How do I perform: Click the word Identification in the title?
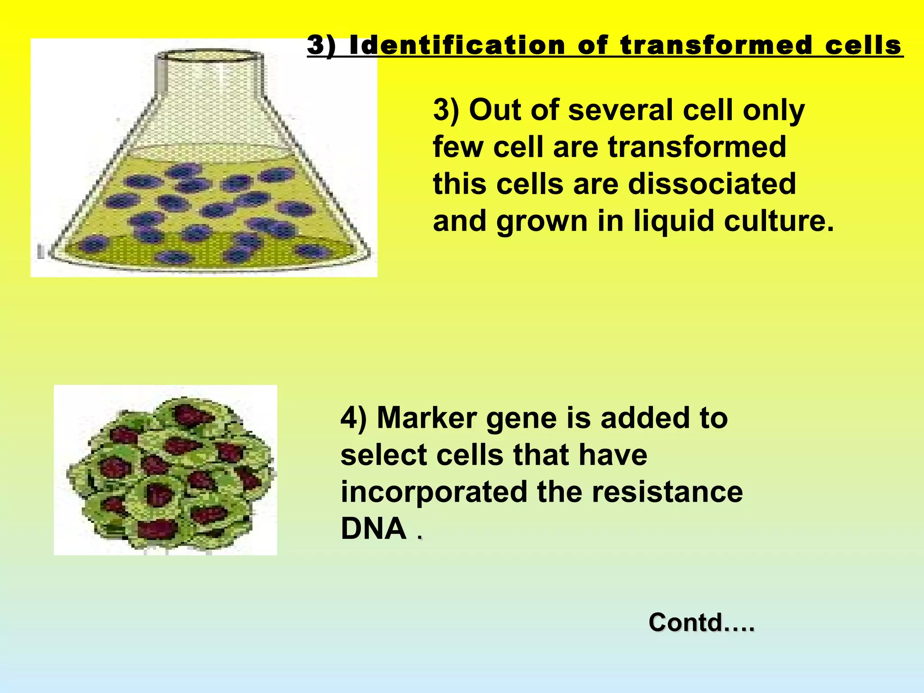tap(457, 46)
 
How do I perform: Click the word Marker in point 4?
tap(427, 418)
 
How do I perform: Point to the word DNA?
tap(374, 528)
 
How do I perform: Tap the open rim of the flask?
tap(209, 56)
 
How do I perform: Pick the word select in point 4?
tap(383, 455)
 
